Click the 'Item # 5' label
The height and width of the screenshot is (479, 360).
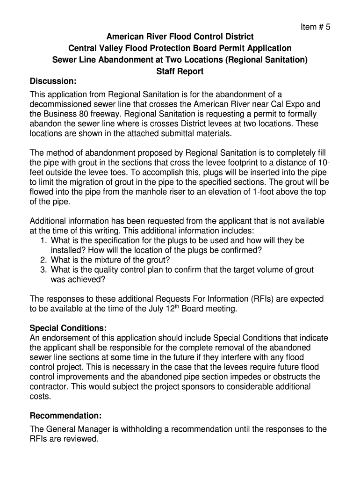point(315,27)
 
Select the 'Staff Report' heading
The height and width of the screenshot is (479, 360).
point(180,72)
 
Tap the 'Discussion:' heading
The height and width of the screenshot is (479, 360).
point(53,81)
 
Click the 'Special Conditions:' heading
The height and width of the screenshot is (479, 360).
point(68,327)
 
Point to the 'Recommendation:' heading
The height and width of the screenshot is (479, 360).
point(65,415)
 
